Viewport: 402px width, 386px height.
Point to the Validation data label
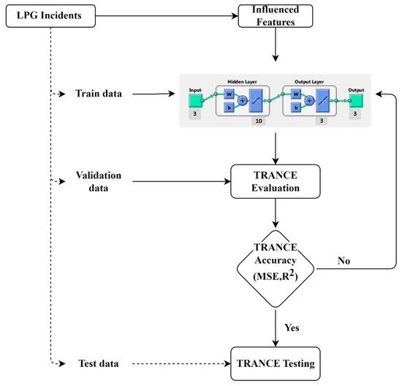tap(97, 181)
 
